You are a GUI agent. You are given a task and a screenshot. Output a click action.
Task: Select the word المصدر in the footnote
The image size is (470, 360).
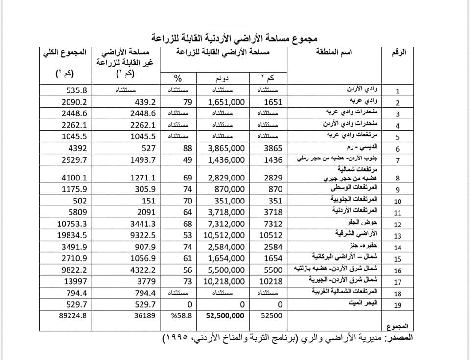coord(399,338)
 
